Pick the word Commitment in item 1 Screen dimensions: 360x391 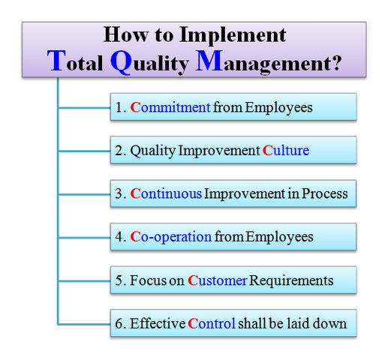point(170,108)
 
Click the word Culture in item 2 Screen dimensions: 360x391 point(285,151)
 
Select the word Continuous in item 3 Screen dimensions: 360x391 point(166,193)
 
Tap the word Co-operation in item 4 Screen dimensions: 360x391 point(171,237)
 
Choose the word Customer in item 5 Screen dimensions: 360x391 point(217,280)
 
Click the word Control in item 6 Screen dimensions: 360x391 point(212,324)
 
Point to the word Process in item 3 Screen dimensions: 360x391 point(325,193)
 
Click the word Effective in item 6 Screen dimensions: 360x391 point(158,324)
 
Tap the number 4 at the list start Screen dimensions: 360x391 point(119,237)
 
